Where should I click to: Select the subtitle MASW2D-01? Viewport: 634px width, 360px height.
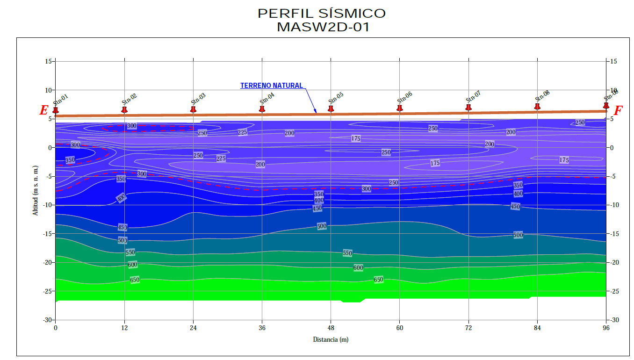tap(323, 27)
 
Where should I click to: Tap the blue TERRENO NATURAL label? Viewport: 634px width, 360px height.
tap(271, 86)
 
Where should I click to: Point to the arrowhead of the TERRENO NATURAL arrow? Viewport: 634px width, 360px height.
tap(316, 112)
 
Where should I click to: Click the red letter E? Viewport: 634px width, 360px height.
tap(43, 110)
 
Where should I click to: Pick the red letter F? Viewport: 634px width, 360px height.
tap(618, 110)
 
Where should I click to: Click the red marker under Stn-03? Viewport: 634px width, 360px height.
tap(193, 109)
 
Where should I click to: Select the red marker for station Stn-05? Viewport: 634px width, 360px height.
tap(331, 108)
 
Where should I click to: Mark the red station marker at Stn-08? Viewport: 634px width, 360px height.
tap(537, 107)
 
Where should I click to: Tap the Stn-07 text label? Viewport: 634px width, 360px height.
tap(473, 97)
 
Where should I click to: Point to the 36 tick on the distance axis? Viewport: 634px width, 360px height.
tap(262, 328)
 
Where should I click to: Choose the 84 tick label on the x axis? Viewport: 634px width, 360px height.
tap(537, 328)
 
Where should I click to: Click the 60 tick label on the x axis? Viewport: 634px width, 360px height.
tap(400, 328)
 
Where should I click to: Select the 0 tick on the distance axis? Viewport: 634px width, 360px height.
tap(56, 328)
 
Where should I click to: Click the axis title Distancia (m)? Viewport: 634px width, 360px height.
tap(331, 339)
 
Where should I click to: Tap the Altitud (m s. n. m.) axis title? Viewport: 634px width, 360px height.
tap(36, 190)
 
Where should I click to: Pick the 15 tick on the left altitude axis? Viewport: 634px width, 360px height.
tap(48, 61)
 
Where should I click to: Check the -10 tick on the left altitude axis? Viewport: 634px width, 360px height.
tap(47, 205)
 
